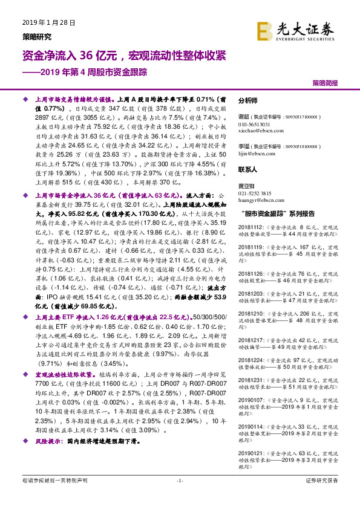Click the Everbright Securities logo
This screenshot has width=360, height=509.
tap(296, 30)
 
